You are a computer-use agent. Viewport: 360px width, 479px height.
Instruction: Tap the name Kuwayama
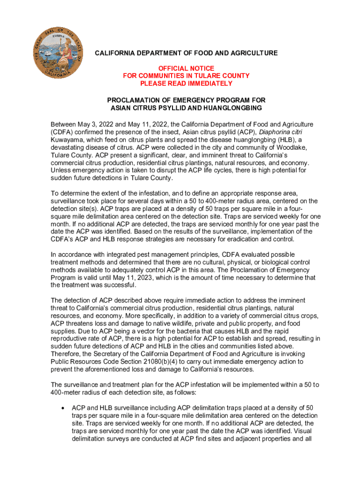click(66, 140)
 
